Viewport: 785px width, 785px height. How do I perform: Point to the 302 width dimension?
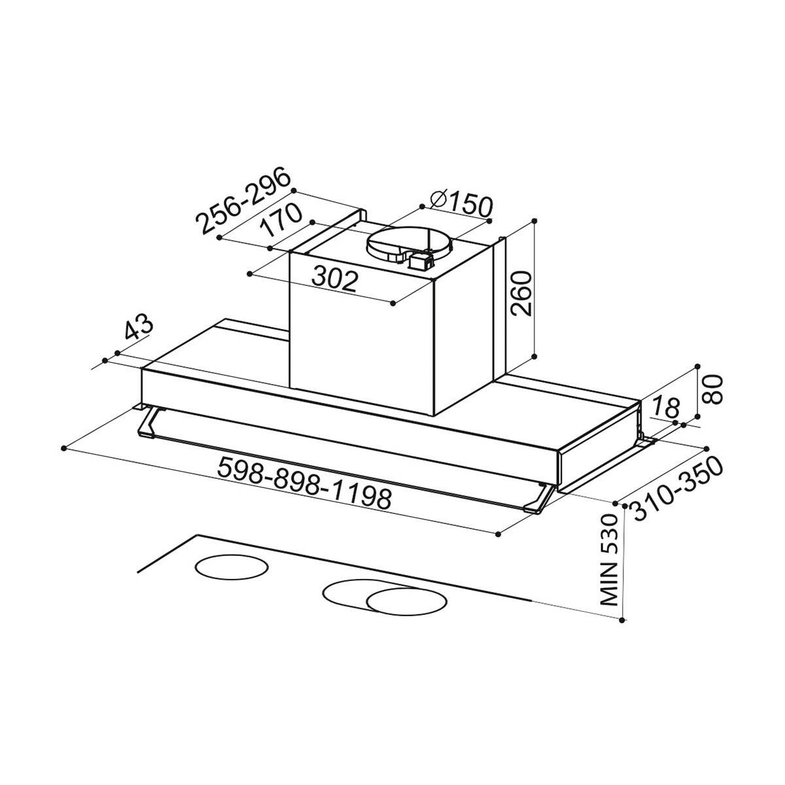click(335, 280)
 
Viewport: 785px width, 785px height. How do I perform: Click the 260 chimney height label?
click(521, 292)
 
